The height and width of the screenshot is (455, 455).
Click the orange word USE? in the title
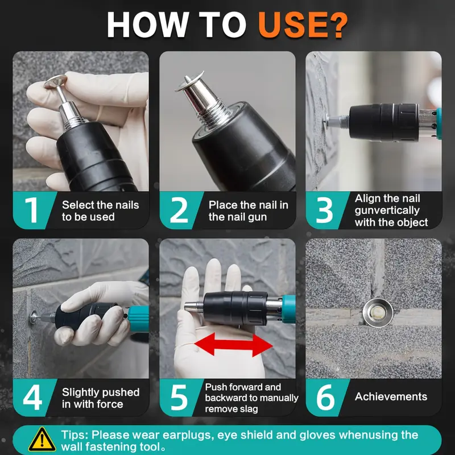point(303,25)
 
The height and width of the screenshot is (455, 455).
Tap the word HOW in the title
point(148,25)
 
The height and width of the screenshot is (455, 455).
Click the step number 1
point(32,210)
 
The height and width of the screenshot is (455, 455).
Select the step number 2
point(179,210)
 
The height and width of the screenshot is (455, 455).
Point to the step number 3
point(324,210)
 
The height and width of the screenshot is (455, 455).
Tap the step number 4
point(32,398)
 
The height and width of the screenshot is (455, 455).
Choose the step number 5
point(179,398)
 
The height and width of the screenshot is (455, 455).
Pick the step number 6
point(325,398)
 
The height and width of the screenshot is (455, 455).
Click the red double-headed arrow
point(233,345)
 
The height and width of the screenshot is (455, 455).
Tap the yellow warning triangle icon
point(42,440)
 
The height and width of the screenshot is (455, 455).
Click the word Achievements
point(391,396)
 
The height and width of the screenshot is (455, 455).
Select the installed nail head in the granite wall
point(378,313)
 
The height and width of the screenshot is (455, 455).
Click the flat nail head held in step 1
point(55,81)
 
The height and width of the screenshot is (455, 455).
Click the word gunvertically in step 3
point(387,210)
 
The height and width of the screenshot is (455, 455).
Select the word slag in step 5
point(249,409)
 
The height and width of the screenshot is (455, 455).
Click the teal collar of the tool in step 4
point(139,318)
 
